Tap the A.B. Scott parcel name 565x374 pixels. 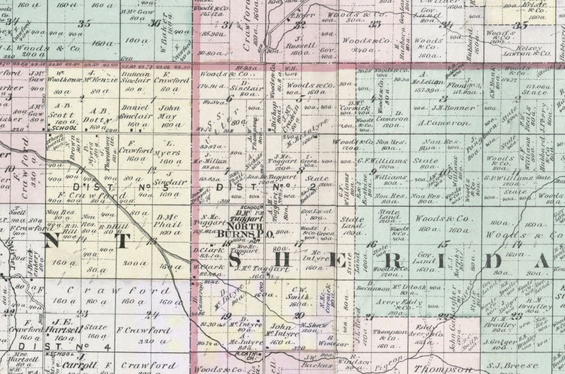[62, 110]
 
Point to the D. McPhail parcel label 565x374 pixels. [167, 221]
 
